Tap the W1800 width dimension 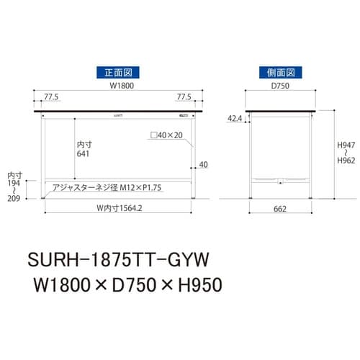tap(118, 86)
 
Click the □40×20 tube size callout tap(168, 135)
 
